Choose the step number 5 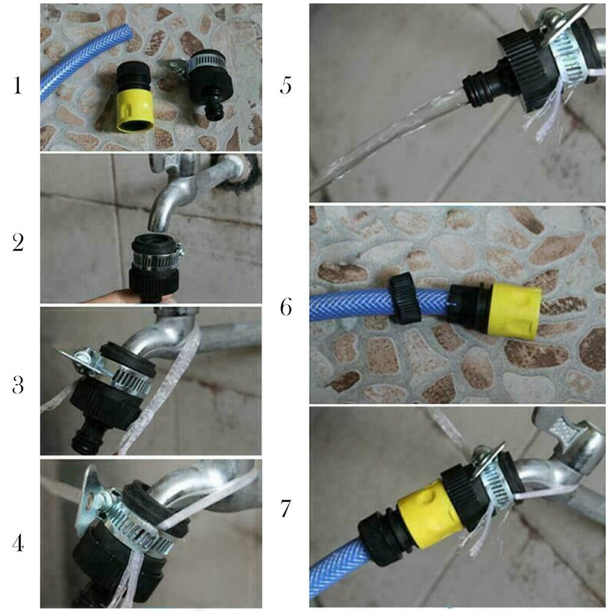[x=285, y=86]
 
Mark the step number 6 [x=286, y=308]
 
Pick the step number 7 [x=286, y=508]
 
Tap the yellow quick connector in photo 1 [x=134, y=106]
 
